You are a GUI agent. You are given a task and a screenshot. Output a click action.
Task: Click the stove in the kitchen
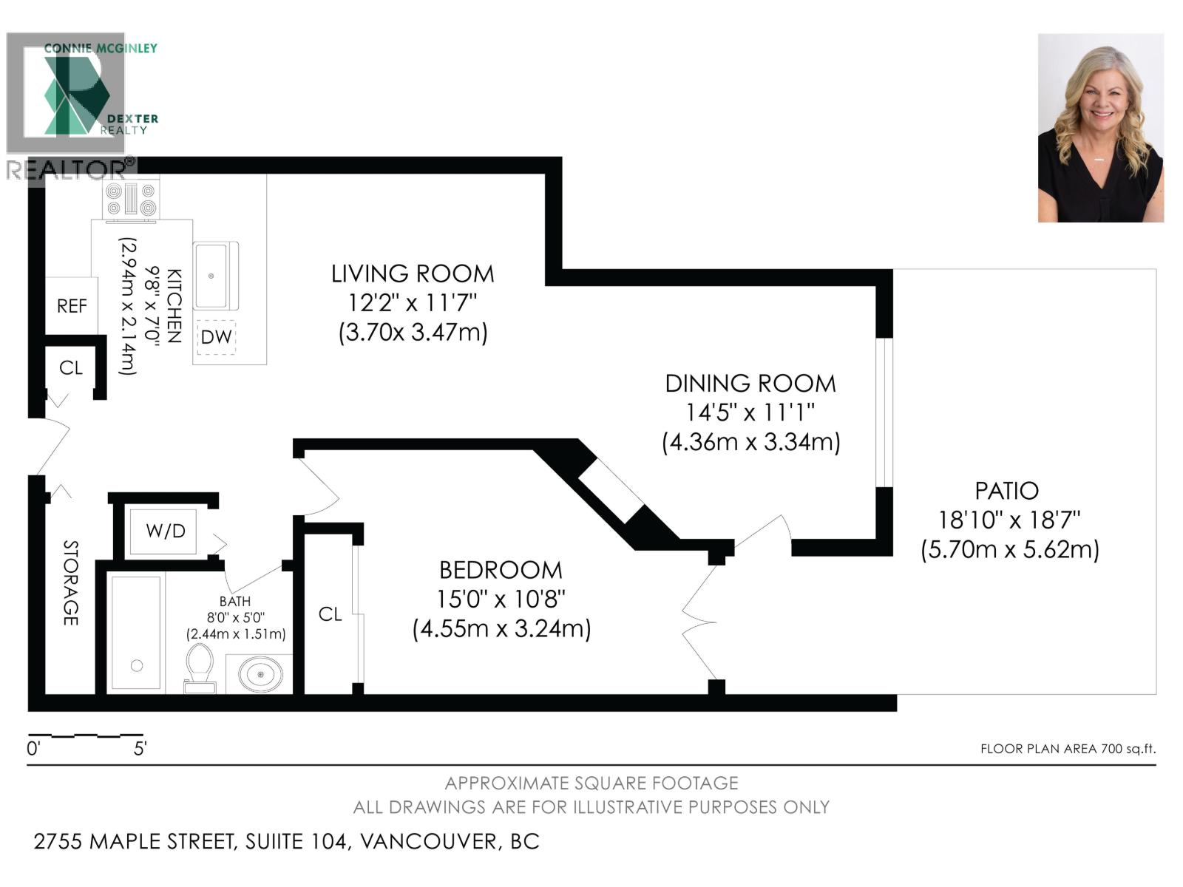[132, 200]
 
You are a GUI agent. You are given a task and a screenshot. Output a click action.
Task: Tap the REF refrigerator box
[72, 305]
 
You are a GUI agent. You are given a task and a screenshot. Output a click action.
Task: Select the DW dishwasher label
[216, 337]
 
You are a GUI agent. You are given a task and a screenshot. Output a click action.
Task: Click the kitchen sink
[215, 275]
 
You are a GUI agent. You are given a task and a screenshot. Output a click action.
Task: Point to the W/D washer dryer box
[165, 531]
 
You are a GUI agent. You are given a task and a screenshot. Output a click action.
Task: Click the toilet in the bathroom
[200, 667]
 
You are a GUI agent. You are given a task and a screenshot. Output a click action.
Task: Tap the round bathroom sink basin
[260, 673]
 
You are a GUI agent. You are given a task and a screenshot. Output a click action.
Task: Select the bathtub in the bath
[136, 633]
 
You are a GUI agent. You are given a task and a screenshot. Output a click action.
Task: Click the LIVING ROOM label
[413, 273]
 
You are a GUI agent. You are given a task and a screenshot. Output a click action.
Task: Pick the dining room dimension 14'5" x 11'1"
[750, 412]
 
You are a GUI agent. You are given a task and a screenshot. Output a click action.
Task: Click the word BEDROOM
[501, 570]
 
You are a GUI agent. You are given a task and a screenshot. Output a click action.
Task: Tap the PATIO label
[1006, 491]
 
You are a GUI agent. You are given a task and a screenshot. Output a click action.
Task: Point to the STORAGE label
[70, 583]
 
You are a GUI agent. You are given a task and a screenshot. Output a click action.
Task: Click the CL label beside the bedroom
[330, 614]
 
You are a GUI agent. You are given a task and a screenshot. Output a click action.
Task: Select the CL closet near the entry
[71, 367]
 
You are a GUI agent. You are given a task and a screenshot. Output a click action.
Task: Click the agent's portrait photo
[1100, 128]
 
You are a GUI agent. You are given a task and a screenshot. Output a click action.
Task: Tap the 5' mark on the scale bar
[140, 749]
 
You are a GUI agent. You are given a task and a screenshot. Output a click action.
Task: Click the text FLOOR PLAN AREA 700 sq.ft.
[1068, 749]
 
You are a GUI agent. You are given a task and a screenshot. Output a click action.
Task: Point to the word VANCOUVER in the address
[427, 841]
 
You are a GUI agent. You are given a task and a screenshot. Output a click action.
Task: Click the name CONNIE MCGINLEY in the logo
[101, 48]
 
